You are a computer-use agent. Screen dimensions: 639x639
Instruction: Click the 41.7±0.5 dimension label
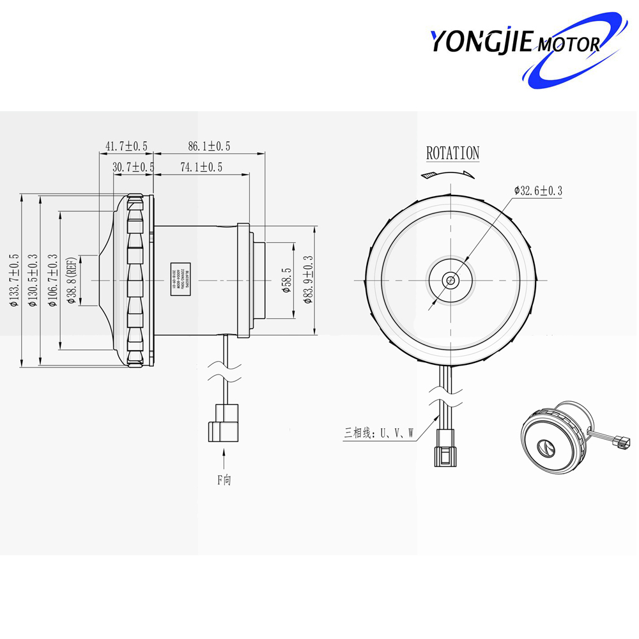pos(127,146)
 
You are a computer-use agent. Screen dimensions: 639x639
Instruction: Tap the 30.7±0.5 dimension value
pos(134,167)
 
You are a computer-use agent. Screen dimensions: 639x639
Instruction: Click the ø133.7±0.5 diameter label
pos(15,281)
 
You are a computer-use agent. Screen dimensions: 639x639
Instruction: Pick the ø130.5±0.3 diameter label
pos(33,281)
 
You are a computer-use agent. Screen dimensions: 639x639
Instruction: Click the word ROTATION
pos(452,153)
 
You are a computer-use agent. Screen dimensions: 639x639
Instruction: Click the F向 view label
pos(224,480)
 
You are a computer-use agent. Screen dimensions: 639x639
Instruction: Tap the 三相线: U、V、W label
pos(379,433)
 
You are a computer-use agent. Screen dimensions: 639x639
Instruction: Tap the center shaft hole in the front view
pos(451,280)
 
